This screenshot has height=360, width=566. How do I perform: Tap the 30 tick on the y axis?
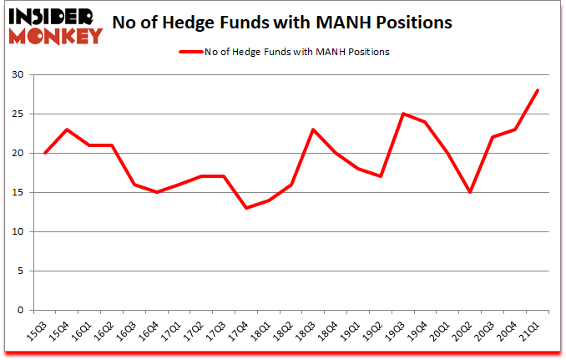(18, 75)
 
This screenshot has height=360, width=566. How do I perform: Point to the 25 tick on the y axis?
(18, 114)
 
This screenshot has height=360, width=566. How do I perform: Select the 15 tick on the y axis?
(18, 193)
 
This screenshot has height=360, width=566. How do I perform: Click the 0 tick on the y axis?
(21, 310)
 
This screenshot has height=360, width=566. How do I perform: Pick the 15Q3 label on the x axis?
(38, 332)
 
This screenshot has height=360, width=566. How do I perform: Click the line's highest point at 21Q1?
(538, 91)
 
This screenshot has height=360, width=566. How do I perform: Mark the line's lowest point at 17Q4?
(246, 208)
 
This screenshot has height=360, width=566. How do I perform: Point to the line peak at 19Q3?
(403, 114)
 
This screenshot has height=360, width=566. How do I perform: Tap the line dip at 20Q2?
(470, 192)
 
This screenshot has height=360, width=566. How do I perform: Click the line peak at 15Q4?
(67, 129)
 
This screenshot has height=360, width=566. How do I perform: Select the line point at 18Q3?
(313, 129)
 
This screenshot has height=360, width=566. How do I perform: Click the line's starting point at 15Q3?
(44, 153)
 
